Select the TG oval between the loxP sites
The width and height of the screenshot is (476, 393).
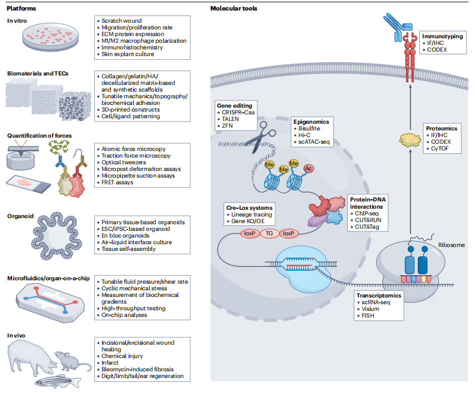pos(269,234)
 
